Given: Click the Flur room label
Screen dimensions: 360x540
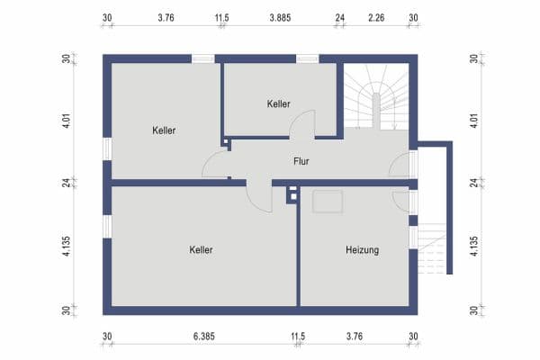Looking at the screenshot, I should [302, 162].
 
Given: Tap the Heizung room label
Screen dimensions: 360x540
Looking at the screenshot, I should [362, 249].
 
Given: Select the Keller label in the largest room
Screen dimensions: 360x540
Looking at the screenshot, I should [202, 249].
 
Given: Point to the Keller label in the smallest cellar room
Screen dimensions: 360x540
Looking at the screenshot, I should [279, 103].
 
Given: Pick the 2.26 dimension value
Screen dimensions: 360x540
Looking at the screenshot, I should [377, 17].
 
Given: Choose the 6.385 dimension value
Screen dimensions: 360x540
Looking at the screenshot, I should [202, 337].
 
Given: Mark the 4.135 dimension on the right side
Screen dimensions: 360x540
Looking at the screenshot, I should [475, 247].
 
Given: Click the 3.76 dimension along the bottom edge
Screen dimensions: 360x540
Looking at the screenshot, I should [355, 337].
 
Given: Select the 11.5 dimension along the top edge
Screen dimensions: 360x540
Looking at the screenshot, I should [221, 17].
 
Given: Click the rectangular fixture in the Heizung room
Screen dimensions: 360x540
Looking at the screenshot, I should [328, 202].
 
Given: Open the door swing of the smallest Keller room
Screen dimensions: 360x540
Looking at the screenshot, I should [304, 124].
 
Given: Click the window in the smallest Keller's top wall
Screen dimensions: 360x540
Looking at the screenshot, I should [308, 59].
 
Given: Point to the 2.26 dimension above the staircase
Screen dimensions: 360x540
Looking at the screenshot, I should [377, 17].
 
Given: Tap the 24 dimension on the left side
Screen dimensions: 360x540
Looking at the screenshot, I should [66, 183].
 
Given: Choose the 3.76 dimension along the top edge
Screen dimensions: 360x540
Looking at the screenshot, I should [166, 17].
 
